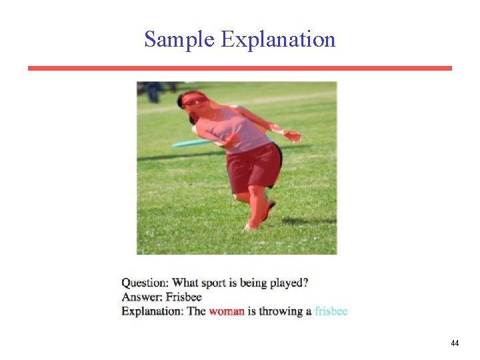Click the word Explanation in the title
pos(278,39)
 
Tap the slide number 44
pos(455,343)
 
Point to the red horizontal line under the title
pos(240,68)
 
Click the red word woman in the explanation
pos(227,311)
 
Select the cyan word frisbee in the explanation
pos(331,311)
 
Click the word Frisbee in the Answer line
pos(183,297)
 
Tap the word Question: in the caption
pos(145,283)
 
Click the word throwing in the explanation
pos(279,311)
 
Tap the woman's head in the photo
pos(193,101)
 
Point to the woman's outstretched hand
pos(293,137)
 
